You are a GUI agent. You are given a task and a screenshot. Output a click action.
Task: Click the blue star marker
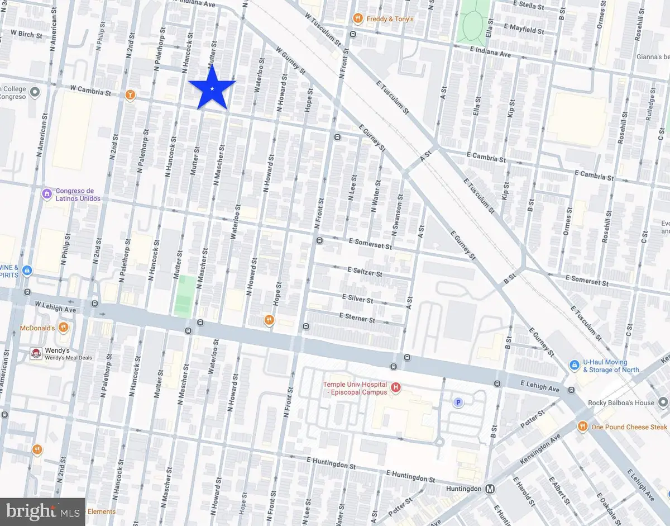(x=212, y=88)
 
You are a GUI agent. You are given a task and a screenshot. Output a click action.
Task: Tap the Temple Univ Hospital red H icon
(x=396, y=387)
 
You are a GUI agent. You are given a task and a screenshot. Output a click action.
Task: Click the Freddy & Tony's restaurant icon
(x=357, y=20)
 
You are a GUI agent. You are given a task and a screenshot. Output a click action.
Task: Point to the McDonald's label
(x=37, y=328)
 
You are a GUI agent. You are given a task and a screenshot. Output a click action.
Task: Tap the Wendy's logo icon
(x=36, y=353)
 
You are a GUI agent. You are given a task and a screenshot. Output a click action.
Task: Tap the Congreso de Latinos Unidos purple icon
(x=47, y=194)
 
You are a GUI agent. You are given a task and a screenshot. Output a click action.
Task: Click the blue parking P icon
(x=458, y=402)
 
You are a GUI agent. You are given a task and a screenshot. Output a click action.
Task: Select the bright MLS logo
(x=42, y=511)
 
